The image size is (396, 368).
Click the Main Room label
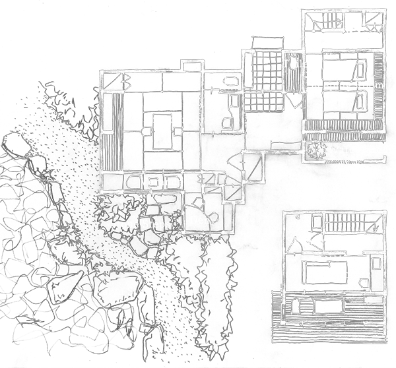pyautogui.click(x=162, y=119)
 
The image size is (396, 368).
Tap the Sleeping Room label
pyautogui.click(x=345, y=86)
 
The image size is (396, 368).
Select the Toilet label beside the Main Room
pyautogui.click(x=222, y=80)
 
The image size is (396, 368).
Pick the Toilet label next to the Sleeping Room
pyautogui.click(x=297, y=64)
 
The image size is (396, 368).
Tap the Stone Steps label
pyautogui.click(x=141, y=224)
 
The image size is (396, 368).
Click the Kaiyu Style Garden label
pyautogui.click(x=143, y=291)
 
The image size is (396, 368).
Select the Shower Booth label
pyautogui.click(x=323, y=241)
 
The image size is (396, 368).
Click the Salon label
pyautogui.click(x=341, y=274)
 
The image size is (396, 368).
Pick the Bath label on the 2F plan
pyautogui.click(x=329, y=307)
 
